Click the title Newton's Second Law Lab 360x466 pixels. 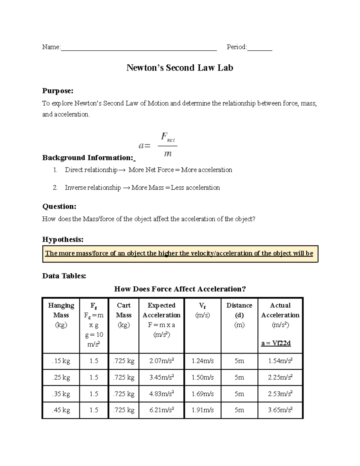(180, 68)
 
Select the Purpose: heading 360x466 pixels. (58, 91)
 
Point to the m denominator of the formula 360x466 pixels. (168, 154)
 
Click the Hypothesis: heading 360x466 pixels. (63, 239)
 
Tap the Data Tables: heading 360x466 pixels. (64, 276)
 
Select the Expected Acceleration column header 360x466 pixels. (161, 310)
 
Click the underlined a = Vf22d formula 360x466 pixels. (276, 343)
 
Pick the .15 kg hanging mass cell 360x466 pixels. (61, 361)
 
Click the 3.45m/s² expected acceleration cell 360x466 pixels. (161, 377)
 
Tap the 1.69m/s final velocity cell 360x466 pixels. (202, 394)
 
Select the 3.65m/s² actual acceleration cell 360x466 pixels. (280, 410)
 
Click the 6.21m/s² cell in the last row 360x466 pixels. (161, 410)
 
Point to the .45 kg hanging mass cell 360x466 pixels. (61, 410)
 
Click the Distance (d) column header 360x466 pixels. (239, 310)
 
